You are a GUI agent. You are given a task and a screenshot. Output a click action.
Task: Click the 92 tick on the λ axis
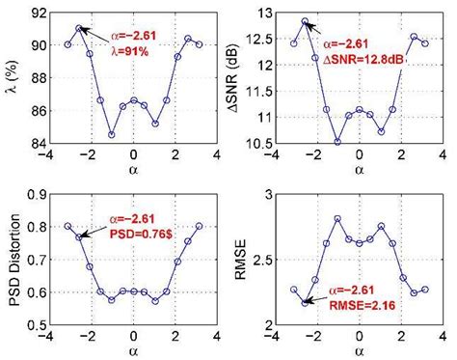point(39,13)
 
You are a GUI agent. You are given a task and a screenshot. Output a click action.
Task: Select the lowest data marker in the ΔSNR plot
point(337,141)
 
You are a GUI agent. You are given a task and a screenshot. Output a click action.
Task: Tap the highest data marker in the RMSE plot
point(337,219)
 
